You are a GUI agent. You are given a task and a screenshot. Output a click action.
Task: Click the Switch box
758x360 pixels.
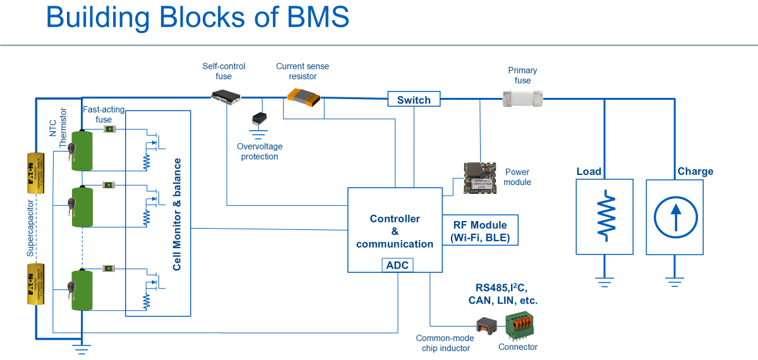(x=414, y=100)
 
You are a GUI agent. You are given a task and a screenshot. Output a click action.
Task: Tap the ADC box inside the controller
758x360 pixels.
(x=397, y=265)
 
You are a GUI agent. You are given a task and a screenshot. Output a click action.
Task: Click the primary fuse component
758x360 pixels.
(x=522, y=97)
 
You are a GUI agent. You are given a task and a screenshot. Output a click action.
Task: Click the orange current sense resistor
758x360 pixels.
(x=303, y=96)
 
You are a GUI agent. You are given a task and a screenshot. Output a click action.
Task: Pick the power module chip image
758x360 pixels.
(x=481, y=176)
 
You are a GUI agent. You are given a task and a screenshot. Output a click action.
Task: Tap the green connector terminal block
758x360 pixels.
(x=517, y=326)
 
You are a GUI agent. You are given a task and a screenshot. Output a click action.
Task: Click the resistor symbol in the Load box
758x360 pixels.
(x=605, y=215)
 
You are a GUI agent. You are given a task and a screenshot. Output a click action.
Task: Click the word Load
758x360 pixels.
(x=589, y=171)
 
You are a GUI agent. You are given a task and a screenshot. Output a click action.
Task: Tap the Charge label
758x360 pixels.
(x=695, y=171)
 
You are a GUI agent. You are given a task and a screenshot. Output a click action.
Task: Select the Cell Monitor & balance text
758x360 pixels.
(x=177, y=215)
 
